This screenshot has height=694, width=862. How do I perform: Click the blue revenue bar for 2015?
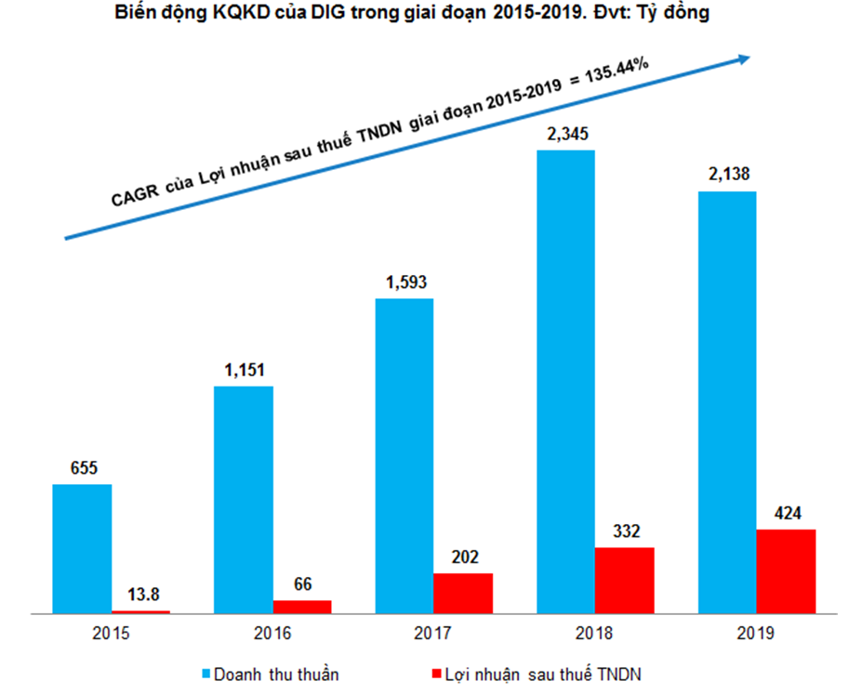82,548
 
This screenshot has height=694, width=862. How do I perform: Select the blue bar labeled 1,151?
244,499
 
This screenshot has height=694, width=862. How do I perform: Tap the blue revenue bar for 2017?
404,455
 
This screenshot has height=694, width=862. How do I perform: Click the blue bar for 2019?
726,401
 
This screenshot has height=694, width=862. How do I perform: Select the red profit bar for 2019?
786,571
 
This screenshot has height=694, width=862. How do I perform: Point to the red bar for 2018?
624,581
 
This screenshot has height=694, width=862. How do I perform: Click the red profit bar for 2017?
463,593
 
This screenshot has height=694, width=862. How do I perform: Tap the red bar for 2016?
302,607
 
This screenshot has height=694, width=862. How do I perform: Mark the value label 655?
82,469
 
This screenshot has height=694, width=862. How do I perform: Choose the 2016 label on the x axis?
272,634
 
